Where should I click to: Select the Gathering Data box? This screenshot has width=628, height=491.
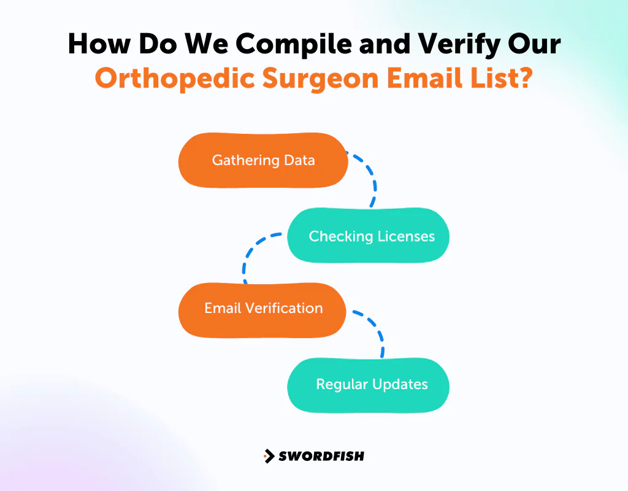coord(263,161)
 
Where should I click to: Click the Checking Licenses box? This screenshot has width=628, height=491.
coord(369,236)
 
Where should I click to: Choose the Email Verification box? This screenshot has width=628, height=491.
coord(262,309)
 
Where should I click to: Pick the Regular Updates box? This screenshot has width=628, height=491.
coord(369,385)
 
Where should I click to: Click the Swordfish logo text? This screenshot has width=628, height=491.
coord(321,456)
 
